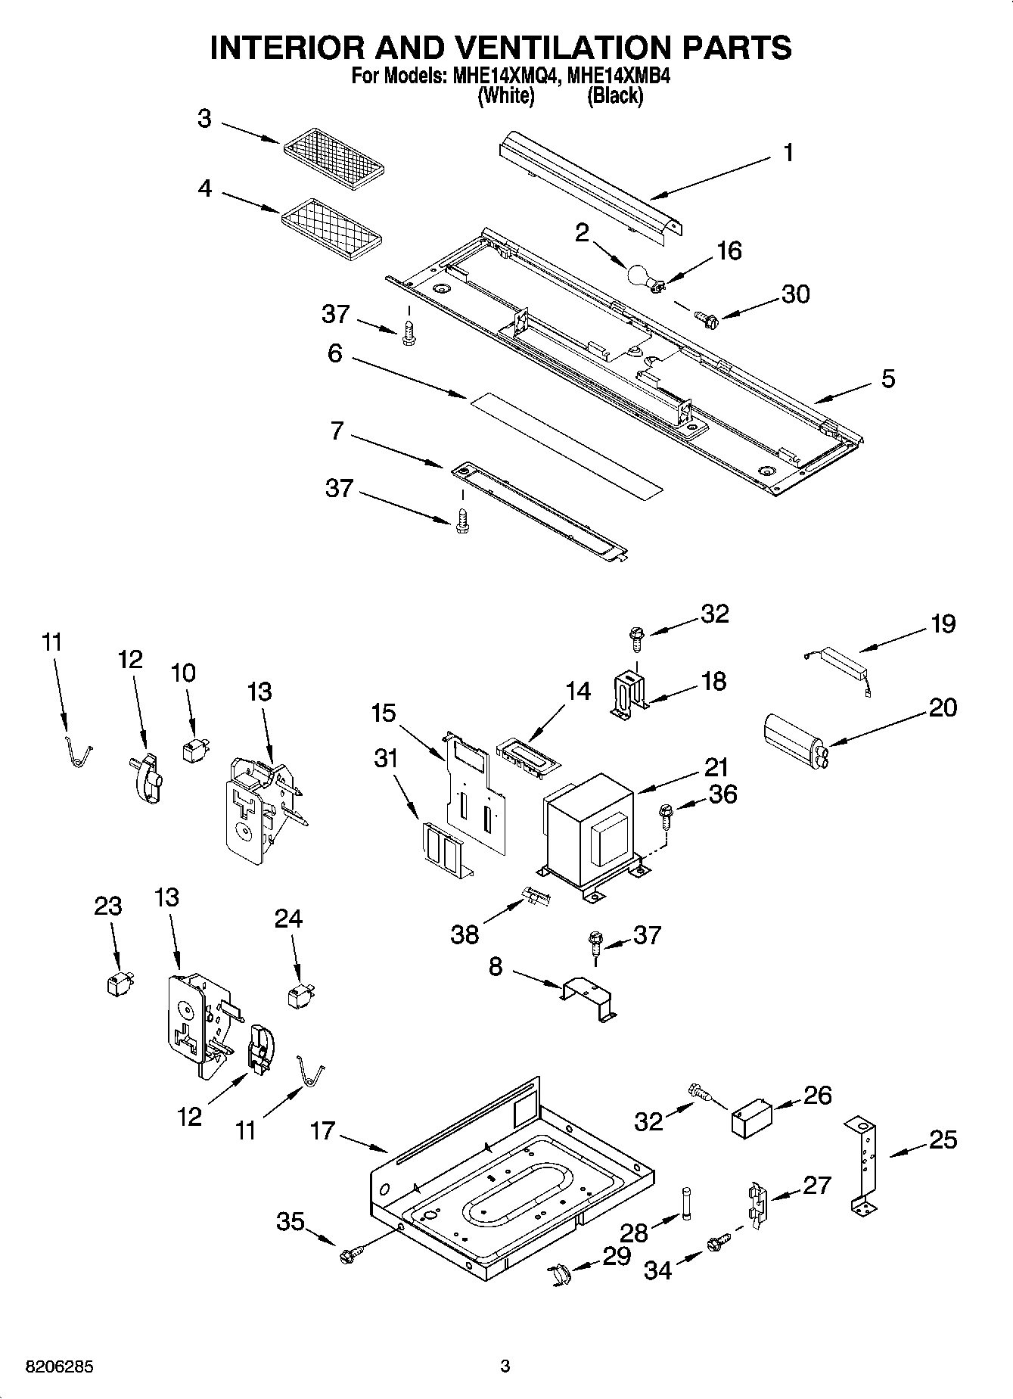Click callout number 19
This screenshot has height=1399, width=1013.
943,624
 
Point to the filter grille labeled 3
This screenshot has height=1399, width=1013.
334,157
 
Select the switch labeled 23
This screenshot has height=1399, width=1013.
116,984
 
